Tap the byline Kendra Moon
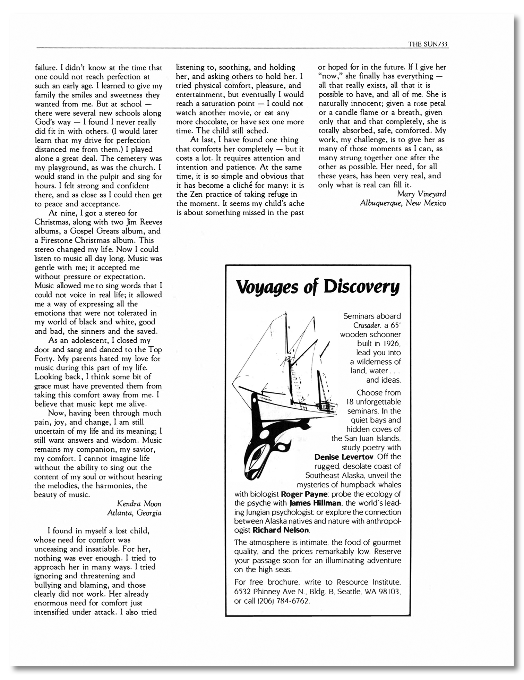[x=139, y=503]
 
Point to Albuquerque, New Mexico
[x=403, y=203]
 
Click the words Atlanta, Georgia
[x=134, y=513]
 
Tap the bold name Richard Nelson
[x=281, y=530]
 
